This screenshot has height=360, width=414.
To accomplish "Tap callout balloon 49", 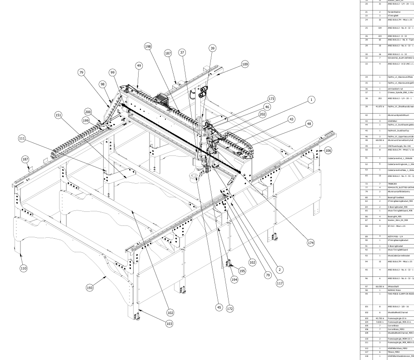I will pos(139,65).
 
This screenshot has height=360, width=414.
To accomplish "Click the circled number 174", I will pos(311,243).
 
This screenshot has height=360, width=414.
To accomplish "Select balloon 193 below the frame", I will pos(90,288).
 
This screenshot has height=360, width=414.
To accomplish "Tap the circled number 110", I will pos(23,269).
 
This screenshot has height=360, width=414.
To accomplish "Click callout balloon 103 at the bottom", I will pos(170,324).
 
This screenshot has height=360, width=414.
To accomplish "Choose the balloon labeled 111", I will pos(21,138).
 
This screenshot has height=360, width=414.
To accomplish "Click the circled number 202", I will pos(263,115).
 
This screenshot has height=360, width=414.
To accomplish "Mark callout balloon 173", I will pos(272,98).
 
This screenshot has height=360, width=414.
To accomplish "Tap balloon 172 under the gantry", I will pos(230,309).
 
